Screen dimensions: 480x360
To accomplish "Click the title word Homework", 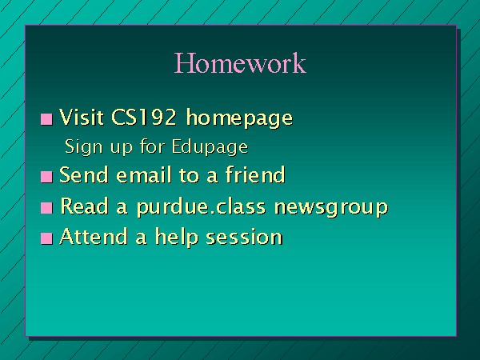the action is pyautogui.click(x=240, y=62).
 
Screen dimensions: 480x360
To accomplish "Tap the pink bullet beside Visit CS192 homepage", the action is pyautogui.click(x=46, y=119).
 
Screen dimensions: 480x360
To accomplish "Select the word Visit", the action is pyautogui.click(x=81, y=117).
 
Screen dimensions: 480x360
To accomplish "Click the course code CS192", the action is pyautogui.click(x=144, y=117).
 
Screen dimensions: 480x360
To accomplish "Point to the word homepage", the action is pyautogui.click(x=239, y=118).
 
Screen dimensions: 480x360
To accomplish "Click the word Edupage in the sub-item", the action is pyautogui.click(x=210, y=147).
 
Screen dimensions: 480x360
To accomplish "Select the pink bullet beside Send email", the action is pyautogui.click(x=46, y=177).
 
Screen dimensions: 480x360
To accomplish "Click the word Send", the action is pyautogui.click(x=83, y=174).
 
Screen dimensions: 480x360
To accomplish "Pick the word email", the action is pyautogui.click(x=144, y=174).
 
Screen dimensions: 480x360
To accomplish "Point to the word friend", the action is pyautogui.click(x=255, y=174).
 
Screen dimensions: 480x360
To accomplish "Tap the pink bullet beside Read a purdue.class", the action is pyautogui.click(x=46, y=208).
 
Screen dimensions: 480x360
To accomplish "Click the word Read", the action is pyautogui.click(x=84, y=206).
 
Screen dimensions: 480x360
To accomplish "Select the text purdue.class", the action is pyautogui.click(x=201, y=207).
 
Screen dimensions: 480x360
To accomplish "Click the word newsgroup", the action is pyautogui.click(x=331, y=207).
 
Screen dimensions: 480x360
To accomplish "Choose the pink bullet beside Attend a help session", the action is pyautogui.click(x=46, y=238).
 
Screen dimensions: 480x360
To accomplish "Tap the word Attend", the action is pyautogui.click(x=94, y=236).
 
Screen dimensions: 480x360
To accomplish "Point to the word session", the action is pyautogui.click(x=244, y=237).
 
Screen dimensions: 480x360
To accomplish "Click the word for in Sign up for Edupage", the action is pyautogui.click(x=152, y=146).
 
